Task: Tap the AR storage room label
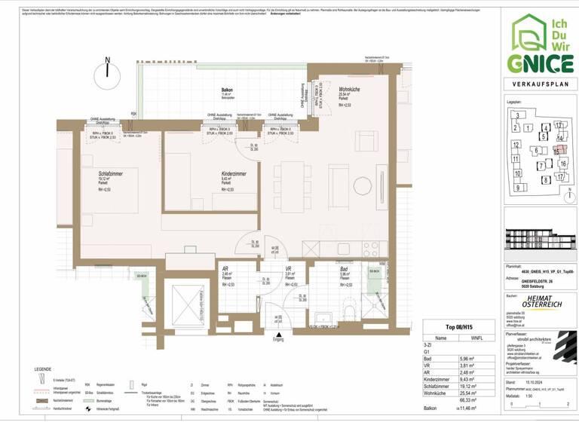coord(225,269)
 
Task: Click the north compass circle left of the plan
coord(108,75)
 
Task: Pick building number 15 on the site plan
coord(556,150)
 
